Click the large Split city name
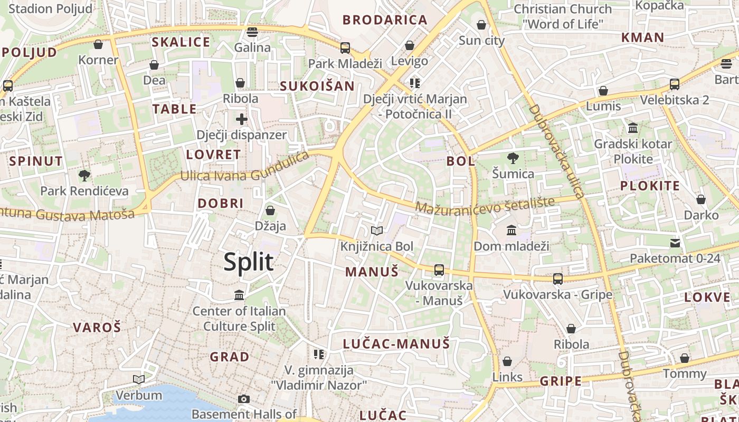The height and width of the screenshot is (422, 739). click(x=249, y=262)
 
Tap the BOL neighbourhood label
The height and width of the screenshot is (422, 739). click(x=461, y=161)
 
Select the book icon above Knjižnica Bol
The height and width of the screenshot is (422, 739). click(x=376, y=231)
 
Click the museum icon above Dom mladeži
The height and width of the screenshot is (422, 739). click(x=511, y=230)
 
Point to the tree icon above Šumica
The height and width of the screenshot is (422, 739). click(x=512, y=158)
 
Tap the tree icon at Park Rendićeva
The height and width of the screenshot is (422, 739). click(x=84, y=175)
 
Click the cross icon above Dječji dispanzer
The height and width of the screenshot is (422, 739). click(x=242, y=119)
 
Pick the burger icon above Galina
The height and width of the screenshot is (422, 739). click(x=252, y=32)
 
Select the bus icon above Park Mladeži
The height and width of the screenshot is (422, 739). click(x=345, y=48)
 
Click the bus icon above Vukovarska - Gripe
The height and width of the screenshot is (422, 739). click(x=558, y=279)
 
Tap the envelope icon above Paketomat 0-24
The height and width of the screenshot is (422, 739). click(x=675, y=243)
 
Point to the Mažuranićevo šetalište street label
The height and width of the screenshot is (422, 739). click(x=485, y=206)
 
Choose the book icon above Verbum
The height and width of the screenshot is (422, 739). click(x=139, y=379)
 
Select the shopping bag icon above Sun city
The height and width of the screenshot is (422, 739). click(x=481, y=25)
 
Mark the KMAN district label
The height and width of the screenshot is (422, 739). click(x=642, y=37)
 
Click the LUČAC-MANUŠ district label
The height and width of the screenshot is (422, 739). click(x=396, y=344)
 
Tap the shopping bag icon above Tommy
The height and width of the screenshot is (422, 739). click(x=685, y=359)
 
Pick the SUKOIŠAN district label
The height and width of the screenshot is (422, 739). click(x=317, y=86)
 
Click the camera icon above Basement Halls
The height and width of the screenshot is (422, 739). click(x=243, y=399)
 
